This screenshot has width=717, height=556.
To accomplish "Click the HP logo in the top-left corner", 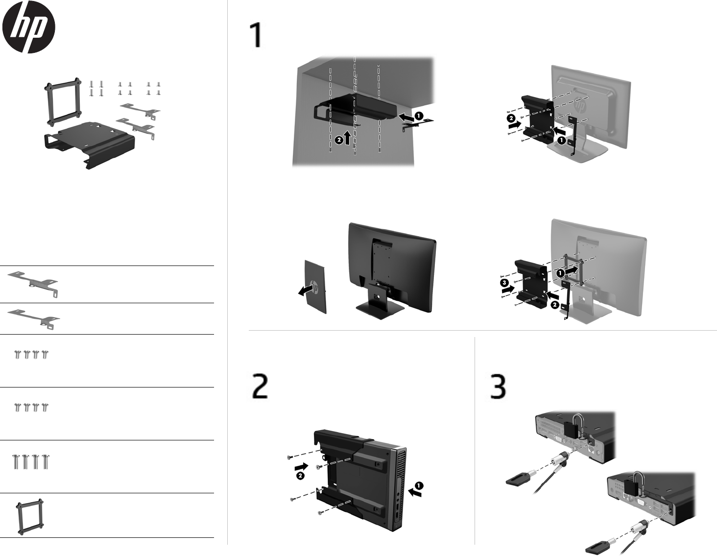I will (29, 27).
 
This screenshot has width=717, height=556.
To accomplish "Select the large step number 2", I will (260, 387).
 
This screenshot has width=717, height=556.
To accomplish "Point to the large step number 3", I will (498, 387).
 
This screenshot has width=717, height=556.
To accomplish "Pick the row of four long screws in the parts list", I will (30, 461).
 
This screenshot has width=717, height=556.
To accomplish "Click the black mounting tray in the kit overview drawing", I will (88, 144).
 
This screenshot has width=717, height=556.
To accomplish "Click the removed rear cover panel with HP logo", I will (314, 286).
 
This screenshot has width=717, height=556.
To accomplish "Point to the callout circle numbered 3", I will (504, 283).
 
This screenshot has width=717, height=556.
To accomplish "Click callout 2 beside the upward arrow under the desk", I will (338, 140).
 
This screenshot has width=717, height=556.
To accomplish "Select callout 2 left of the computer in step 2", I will (300, 475).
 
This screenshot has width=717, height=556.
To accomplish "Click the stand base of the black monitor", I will (380, 309).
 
